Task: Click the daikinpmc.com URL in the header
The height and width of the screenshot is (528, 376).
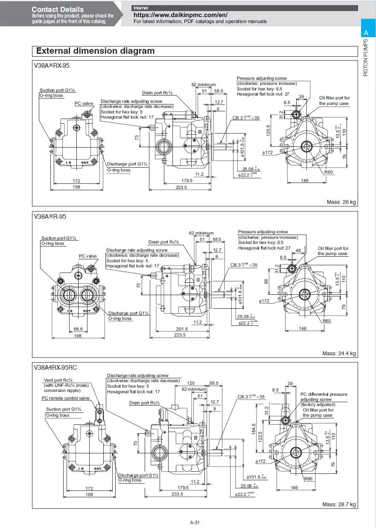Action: click(181, 15)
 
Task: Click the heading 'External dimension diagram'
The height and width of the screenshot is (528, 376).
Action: click(95, 51)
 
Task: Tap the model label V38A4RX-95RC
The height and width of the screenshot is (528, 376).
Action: click(55, 367)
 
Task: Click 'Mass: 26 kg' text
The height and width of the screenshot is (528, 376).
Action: click(341, 202)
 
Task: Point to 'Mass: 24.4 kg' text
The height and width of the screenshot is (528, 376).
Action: click(339, 354)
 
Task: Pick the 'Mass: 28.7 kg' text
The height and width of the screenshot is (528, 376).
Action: click(339, 505)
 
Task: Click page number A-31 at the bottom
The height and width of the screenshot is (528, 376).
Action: click(195, 522)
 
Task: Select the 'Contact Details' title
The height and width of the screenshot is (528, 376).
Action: click(58, 9)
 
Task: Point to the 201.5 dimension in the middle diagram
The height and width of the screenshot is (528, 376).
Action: click(182, 329)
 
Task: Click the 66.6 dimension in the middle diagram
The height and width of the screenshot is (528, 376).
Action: click(78, 329)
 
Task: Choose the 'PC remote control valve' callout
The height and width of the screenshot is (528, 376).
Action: click(66, 398)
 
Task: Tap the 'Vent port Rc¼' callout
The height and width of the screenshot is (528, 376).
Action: click(58, 380)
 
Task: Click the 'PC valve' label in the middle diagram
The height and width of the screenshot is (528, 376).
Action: click(88, 256)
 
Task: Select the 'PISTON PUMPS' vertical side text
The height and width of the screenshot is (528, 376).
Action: click(366, 58)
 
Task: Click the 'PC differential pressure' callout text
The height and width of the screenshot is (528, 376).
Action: click(324, 395)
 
